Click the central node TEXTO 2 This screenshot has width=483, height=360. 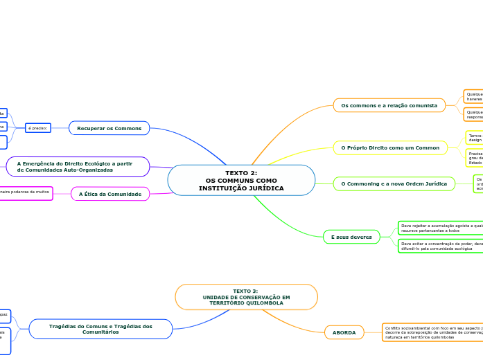pyautogui.click(x=241, y=180)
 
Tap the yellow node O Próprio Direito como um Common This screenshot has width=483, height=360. pyautogui.click(x=391, y=147)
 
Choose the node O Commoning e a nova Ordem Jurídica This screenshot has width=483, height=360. pyautogui.click(x=394, y=183)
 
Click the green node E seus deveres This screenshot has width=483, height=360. pyautogui.click(x=351, y=237)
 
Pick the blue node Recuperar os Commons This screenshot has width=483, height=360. pyautogui.click(x=109, y=128)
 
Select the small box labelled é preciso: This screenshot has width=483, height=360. pyautogui.click(x=37, y=128)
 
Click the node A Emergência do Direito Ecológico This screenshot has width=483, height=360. pyautogui.click(x=78, y=166)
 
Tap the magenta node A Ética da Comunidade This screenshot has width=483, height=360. pyautogui.click(x=110, y=194)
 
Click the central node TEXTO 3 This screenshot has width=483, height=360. pyautogui.click(x=246, y=296)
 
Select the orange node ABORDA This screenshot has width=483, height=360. pyautogui.click(x=344, y=333)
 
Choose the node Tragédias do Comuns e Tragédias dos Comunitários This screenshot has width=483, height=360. pyautogui.click(x=100, y=328)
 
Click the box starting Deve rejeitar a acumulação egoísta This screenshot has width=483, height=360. pyautogui.click(x=439, y=227)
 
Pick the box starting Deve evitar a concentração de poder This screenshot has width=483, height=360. pyautogui.click(x=439, y=246)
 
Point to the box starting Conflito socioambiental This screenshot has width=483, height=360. pyautogui.click(x=432, y=332)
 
